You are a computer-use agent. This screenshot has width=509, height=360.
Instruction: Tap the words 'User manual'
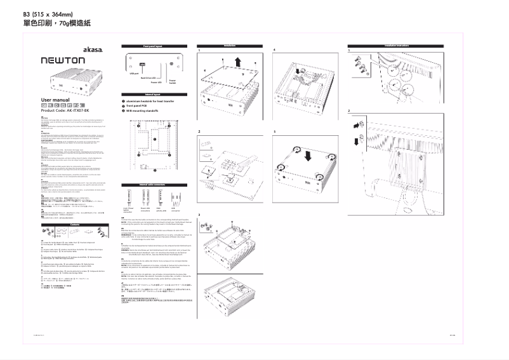pos(54,100)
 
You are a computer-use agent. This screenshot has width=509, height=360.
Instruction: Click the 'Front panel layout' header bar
pos(152,46)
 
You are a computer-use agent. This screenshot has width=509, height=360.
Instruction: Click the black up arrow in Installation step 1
pos(237,62)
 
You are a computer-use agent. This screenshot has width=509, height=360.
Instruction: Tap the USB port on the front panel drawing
pos(136,64)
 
